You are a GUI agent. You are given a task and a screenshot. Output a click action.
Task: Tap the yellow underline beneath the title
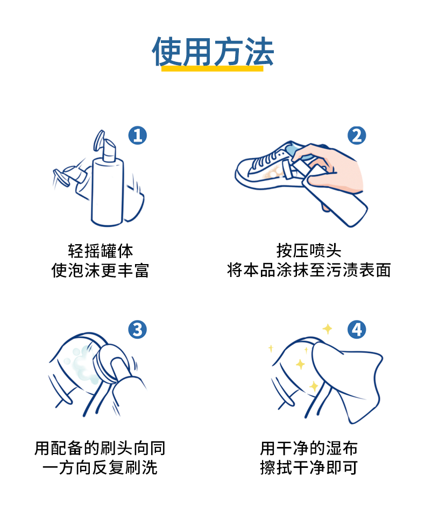pyautogui.click(x=212, y=69)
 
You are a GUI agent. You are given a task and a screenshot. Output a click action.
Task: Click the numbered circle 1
pyautogui.click(x=138, y=136)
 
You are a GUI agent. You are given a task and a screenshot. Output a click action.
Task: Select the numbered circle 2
pyautogui.click(x=357, y=136)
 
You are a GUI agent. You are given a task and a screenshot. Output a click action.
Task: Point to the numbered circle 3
pyautogui.click(x=138, y=329)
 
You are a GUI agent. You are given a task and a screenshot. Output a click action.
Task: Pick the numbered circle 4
pyautogui.click(x=357, y=329)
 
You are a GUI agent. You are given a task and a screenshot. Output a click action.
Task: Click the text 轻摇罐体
pyautogui.click(x=100, y=251)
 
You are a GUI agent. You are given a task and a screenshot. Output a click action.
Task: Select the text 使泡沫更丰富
pyautogui.click(x=100, y=271)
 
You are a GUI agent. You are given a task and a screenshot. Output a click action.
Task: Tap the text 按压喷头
pyautogui.click(x=309, y=251)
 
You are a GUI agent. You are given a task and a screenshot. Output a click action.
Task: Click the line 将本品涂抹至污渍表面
pyautogui.click(x=309, y=271)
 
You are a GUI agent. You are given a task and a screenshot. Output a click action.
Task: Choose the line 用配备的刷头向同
pyautogui.click(x=100, y=448)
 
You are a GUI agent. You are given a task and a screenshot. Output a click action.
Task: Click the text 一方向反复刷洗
pyautogui.click(x=100, y=467)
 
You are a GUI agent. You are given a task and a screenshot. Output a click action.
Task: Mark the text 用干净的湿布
pyautogui.click(x=309, y=448)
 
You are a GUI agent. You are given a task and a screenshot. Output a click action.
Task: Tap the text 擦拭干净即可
pyautogui.click(x=309, y=467)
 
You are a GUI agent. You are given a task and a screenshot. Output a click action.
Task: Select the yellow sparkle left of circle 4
pyautogui.click(x=327, y=329)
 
